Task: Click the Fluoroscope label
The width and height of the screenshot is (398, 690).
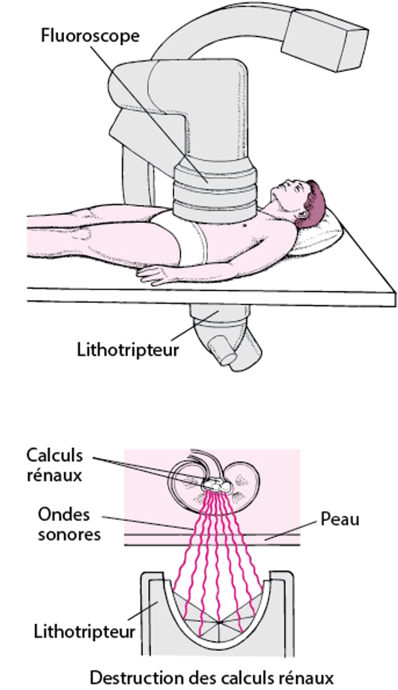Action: click(x=90, y=37)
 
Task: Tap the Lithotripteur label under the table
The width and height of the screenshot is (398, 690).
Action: click(x=128, y=350)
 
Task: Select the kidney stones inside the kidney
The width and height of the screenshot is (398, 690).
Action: click(x=217, y=485)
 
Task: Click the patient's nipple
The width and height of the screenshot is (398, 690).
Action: click(x=245, y=226)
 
